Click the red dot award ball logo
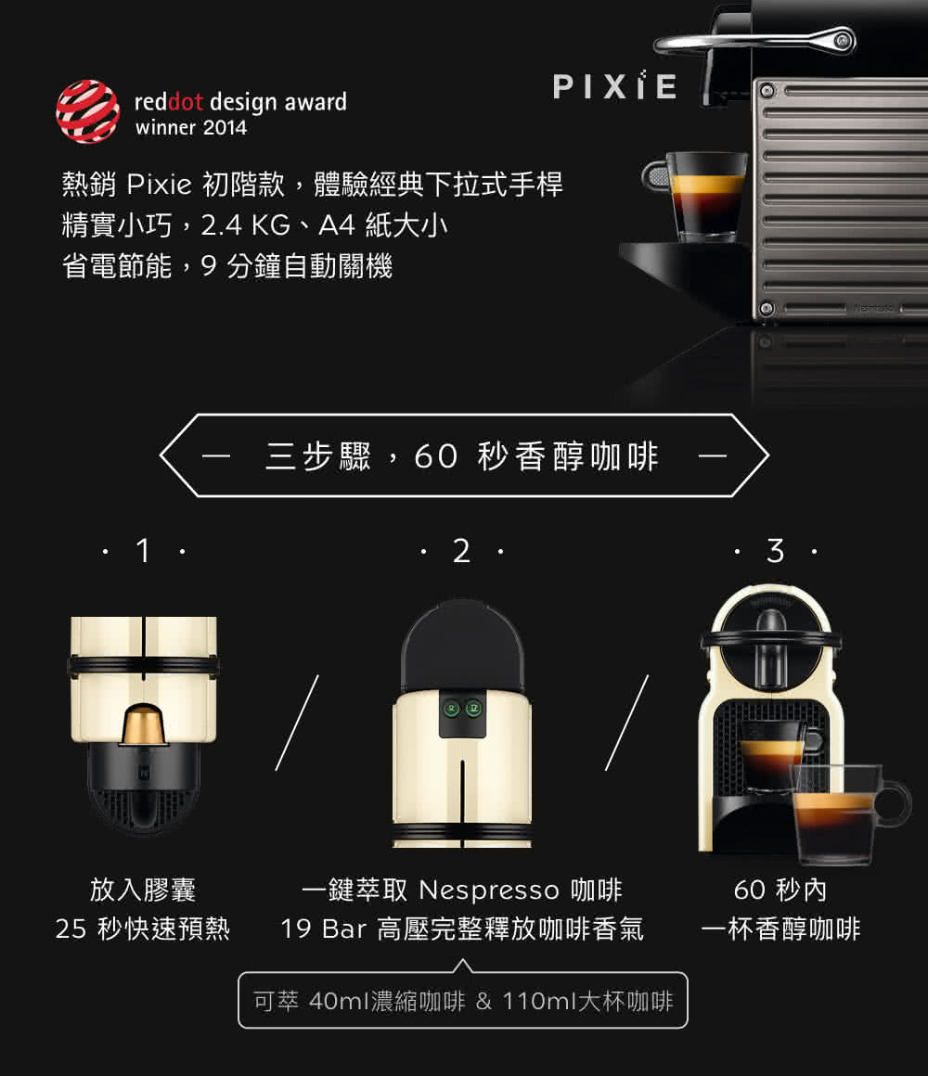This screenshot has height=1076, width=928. click(x=87, y=111)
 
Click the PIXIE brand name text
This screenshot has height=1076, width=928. click(x=614, y=86)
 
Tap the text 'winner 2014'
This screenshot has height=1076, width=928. click(x=191, y=128)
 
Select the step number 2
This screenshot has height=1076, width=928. click(x=461, y=552)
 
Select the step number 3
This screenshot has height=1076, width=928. click(x=775, y=552)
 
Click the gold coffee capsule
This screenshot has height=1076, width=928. click(x=144, y=724)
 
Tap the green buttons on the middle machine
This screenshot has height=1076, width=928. click(x=461, y=708)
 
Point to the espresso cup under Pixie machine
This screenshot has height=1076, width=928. click(x=705, y=195)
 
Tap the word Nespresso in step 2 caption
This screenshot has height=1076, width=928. click(x=488, y=890)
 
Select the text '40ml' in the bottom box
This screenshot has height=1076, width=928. click(x=338, y=1002)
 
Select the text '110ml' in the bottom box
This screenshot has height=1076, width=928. click(x=539, y=1002)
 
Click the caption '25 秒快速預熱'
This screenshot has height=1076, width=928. click(x=142, y=929)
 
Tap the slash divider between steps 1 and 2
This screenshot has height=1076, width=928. click(x=297, y=723)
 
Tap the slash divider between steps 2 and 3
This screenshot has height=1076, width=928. click(x=627, y=723)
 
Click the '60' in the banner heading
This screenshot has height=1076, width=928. click(x=436, y=456)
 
